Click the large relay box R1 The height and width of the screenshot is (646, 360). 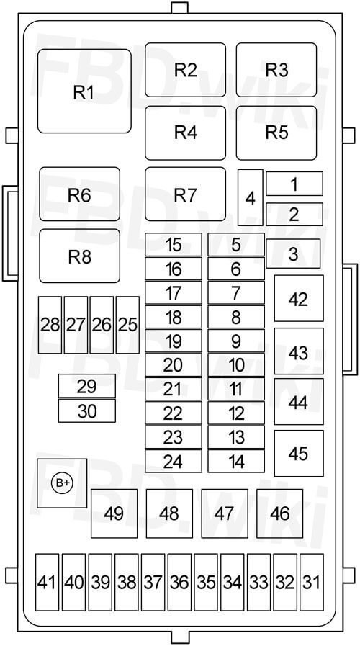(84, 91)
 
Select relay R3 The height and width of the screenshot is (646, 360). (276, 70)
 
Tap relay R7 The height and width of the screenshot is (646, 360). (185, 194)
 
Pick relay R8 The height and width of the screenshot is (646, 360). (79, 256)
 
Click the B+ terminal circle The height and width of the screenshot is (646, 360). (62, 483)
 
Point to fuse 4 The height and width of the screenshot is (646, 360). (251, 197)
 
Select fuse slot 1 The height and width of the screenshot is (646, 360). (294, 184)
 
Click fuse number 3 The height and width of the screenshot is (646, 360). (293, 254)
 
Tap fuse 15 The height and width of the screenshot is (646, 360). (174, 245)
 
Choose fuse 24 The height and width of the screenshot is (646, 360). (174, 461)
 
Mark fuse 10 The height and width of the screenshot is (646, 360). (236, 365)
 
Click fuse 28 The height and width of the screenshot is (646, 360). (50, 325)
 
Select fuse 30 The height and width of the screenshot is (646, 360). (87, 411)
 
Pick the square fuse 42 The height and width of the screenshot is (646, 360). (299, 298)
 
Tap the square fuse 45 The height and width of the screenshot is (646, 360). (299, 453)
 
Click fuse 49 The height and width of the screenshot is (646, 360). (114, 513)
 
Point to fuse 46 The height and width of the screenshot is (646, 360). (279, 513)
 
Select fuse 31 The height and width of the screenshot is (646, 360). (311, 582)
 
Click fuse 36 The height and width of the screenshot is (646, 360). (179, 582)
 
